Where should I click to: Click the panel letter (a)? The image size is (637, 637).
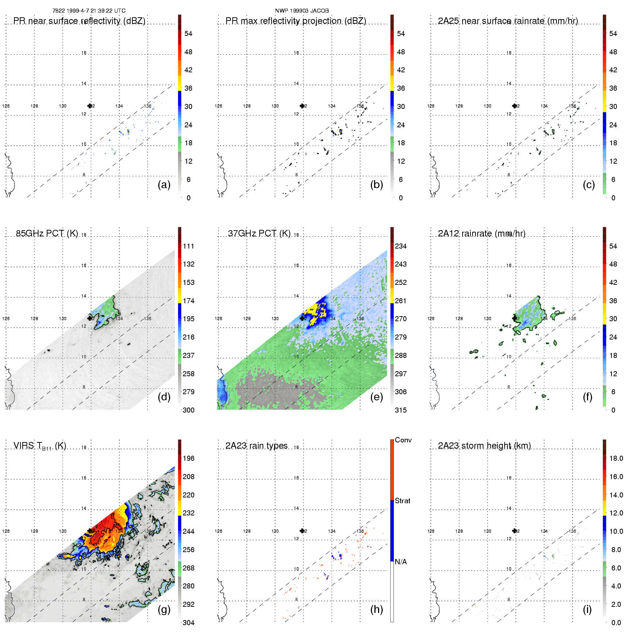pyautogui.click(x=164, y=185)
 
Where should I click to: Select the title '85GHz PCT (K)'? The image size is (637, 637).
pyautogui.click(x=47, y=233)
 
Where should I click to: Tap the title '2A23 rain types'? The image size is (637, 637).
pyautogui.click(x=256, y=446)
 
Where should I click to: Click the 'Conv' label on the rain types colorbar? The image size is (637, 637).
pyautogui.click(x=403, y=440)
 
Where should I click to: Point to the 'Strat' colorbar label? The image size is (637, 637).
pyautogui.click(x=402, y=501)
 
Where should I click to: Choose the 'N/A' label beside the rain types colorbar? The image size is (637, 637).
pyautogui.click(x=401, y=562)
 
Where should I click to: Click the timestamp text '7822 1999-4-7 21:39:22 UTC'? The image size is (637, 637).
pyautogui.click(x=89, y=11)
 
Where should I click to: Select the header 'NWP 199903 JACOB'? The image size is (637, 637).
pyautogui.click(x=302, y=11)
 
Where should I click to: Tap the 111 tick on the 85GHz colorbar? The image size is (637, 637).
pyautogui.click(x=188, y=246)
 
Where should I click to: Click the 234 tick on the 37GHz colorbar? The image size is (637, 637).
pyautogui.click(x=401, y=246)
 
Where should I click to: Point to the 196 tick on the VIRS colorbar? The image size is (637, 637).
pyautogui.click(x=188, y=458)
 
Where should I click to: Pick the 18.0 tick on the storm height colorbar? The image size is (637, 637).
pyautogui.click(x=616, y=458)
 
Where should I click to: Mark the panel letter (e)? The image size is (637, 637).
pyautogui.click(x=377, y=397)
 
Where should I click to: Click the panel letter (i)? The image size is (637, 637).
pyautogui.click(x=587, y=609)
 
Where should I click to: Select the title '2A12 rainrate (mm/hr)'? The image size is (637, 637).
pyautogui.click(x=482, y=233)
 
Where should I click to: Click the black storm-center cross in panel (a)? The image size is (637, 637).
pyautogui.click(x=90, y=106)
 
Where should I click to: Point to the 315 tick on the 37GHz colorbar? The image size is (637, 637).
pyautogui.click(x=401, y=410)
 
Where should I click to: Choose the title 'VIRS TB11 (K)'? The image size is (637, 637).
pyautogui.click(x=40, y=446)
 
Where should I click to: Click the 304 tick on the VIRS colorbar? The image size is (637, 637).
pyautogui.click(x=188, y=623)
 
